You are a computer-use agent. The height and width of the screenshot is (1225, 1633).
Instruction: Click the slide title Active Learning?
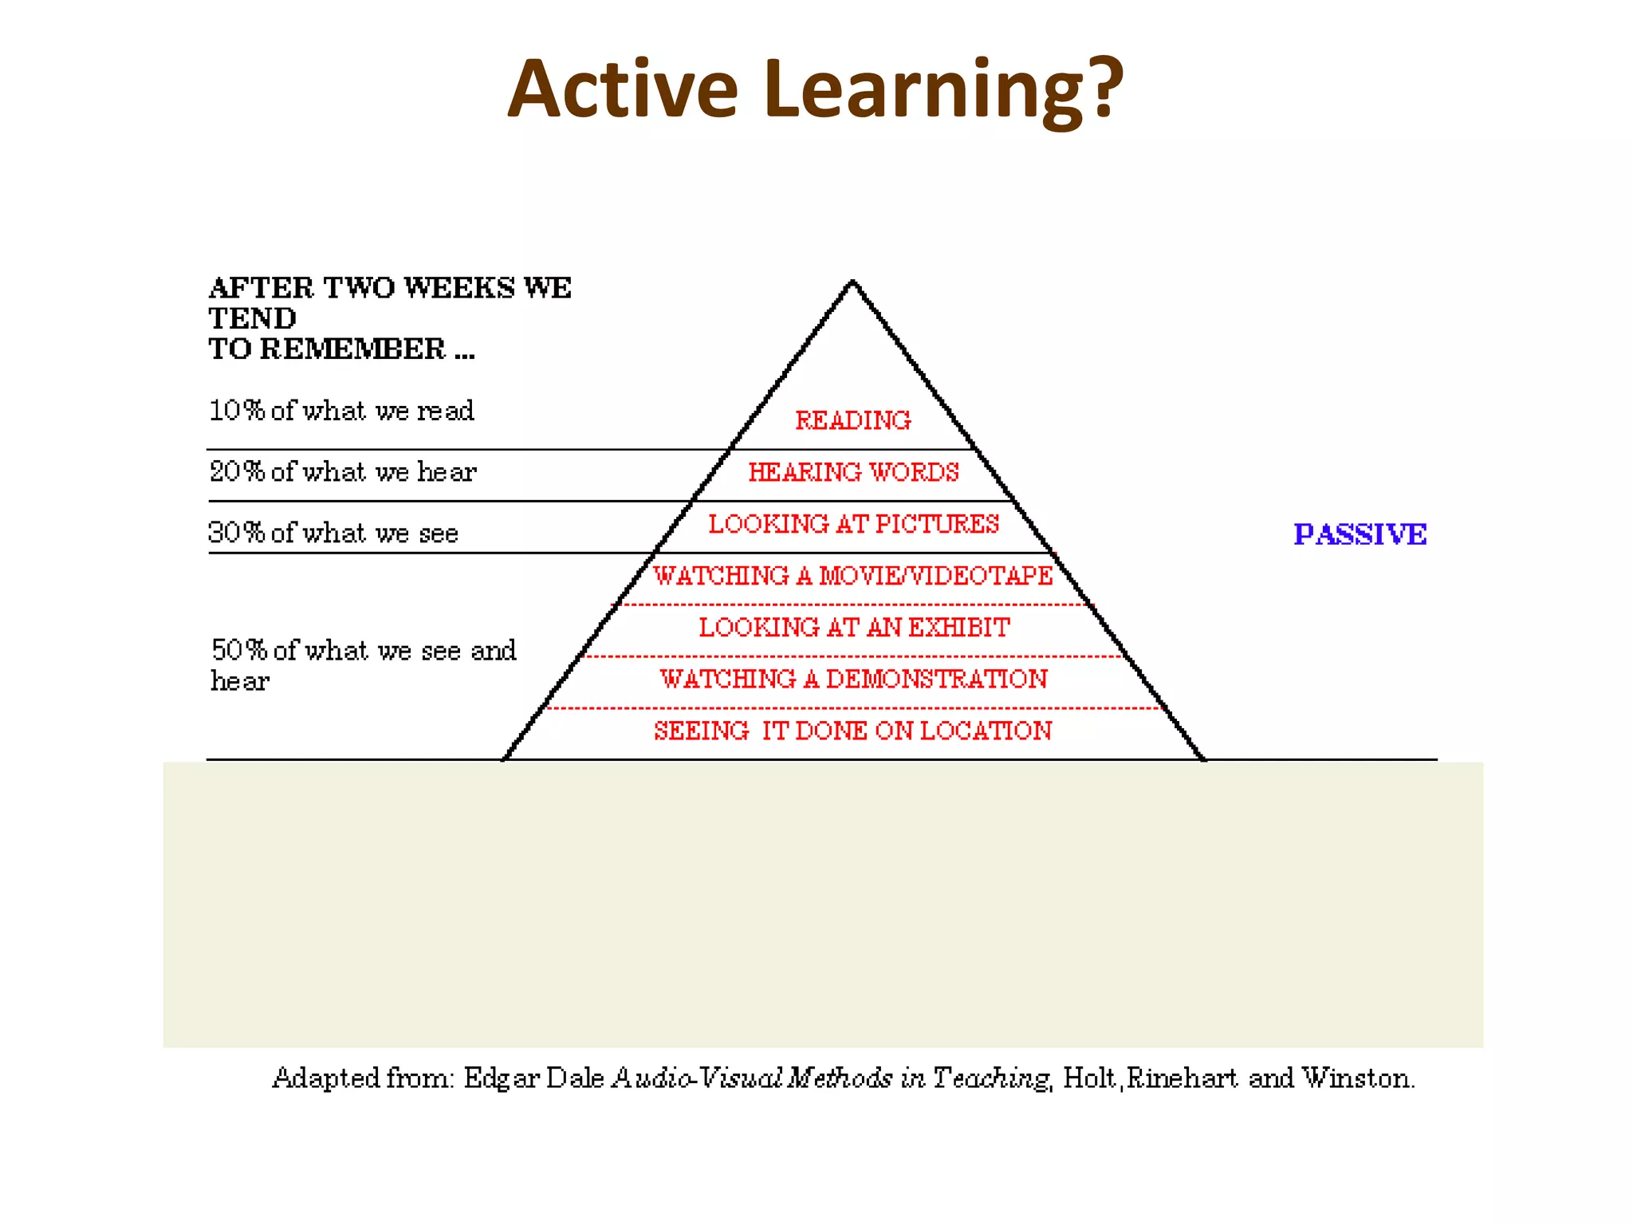pos(815,89)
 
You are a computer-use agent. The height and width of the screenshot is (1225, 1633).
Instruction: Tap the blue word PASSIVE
pos(1360,534)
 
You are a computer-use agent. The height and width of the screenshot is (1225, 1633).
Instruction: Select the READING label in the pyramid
pos(853,420)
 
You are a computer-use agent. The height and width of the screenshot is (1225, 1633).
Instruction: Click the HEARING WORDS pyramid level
pos(853,472)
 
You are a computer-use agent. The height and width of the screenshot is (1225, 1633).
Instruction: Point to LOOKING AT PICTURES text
pos(853,524)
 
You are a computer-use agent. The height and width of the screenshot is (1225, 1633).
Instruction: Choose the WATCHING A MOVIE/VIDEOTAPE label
pos(853,576)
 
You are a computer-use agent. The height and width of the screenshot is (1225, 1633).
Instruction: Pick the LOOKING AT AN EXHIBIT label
pos(853,628)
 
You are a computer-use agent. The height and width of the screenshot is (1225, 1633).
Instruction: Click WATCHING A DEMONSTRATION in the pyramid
pos(853,679)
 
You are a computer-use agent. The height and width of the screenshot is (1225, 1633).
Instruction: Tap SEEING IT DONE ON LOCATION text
pos(853,731)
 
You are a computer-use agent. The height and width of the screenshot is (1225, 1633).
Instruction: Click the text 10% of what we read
pos(341,411)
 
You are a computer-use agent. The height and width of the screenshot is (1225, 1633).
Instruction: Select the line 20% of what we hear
pos(343,472)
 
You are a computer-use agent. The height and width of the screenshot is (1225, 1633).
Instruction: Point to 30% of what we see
pos(333,533)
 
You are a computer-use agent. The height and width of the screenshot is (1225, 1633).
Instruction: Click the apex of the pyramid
pos(852,282)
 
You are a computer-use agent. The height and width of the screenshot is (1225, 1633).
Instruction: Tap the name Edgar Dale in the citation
pos(533,1078)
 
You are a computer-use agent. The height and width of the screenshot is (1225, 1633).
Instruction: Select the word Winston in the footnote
pos(1357,1078)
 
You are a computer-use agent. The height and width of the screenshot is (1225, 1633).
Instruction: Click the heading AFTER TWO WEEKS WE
pos(390,288)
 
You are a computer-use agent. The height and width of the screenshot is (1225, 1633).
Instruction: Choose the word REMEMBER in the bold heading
pos(352,349)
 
